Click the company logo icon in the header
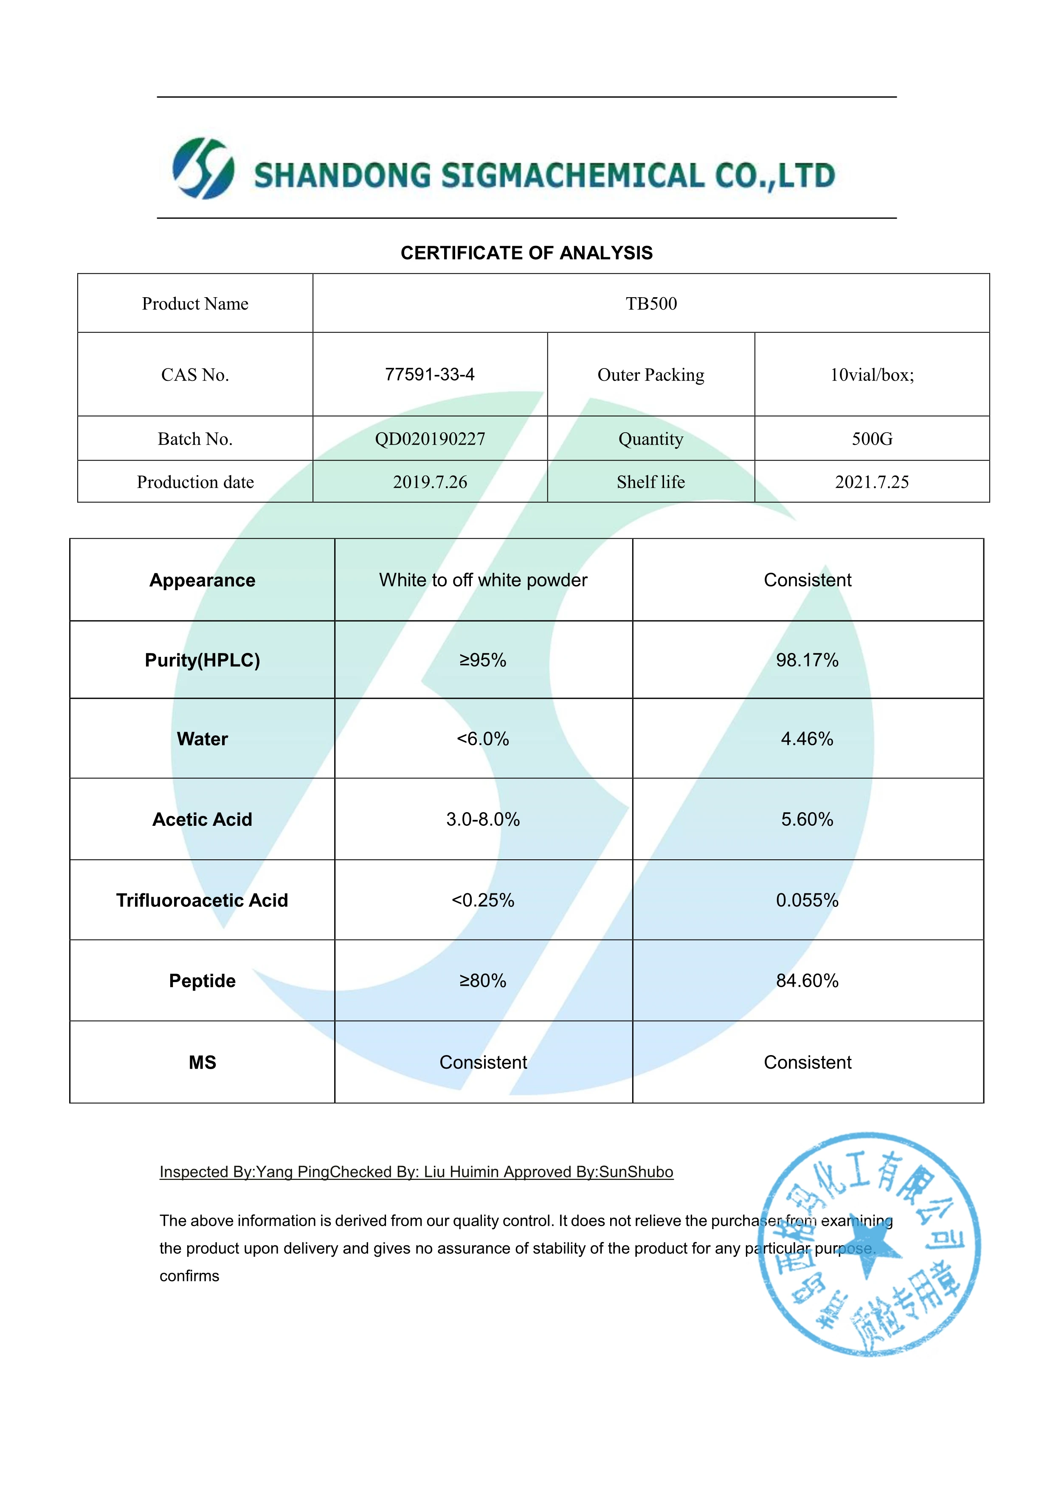tap(203, 169)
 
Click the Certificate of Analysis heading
tap(526, 253)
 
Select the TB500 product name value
tap(651, 304)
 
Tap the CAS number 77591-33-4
tap(430, 374)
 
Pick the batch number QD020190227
tap(430, 439)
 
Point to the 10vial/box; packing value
tap(872, 375)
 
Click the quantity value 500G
tap(872, 439)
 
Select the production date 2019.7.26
tap(430, 482)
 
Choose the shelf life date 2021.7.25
tap(872, 482)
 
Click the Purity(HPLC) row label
tap(202, 660)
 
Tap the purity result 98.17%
tap(807, 660)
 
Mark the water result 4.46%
tap(807, 739)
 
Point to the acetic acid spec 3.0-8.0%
tap(483, 819)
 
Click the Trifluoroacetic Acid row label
tap(202, 900)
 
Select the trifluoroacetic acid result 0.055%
tap(807, 900)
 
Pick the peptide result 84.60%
tap(807, 980)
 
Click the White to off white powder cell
tap(483, 580)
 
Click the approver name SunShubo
tap(636, 1172)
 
